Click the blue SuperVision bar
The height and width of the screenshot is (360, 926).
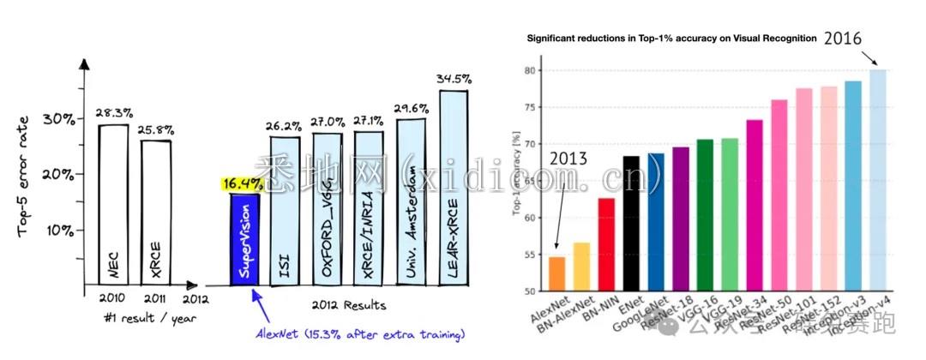point(244,240)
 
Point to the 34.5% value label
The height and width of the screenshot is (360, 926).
point(455,79)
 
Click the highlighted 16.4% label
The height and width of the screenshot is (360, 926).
point(242,183)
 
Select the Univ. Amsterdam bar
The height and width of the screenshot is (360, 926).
point(412,201)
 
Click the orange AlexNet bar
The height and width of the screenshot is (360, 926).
point(556,273)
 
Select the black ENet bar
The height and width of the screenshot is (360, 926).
point(631,223)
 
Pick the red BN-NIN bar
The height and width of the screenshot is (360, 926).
point(606,244)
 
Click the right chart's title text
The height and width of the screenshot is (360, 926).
point(671,39)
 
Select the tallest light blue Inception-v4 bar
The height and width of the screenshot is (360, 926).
point(877,180)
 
